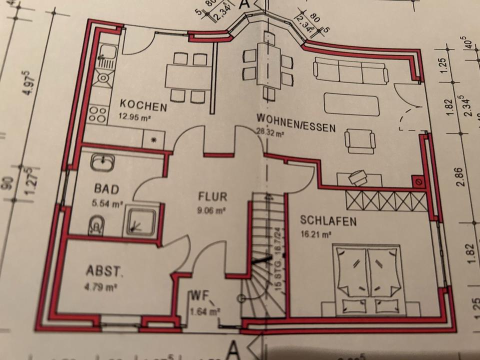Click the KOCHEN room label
tap(143, 106)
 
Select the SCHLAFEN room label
tap(328, 220)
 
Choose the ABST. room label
tap(105, 271)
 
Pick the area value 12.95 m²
tap(135, 118)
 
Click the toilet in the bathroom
tap(96, 225)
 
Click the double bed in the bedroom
tap(368, 278)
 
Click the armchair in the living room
tap(360, 140)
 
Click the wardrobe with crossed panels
tap(385, 201)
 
